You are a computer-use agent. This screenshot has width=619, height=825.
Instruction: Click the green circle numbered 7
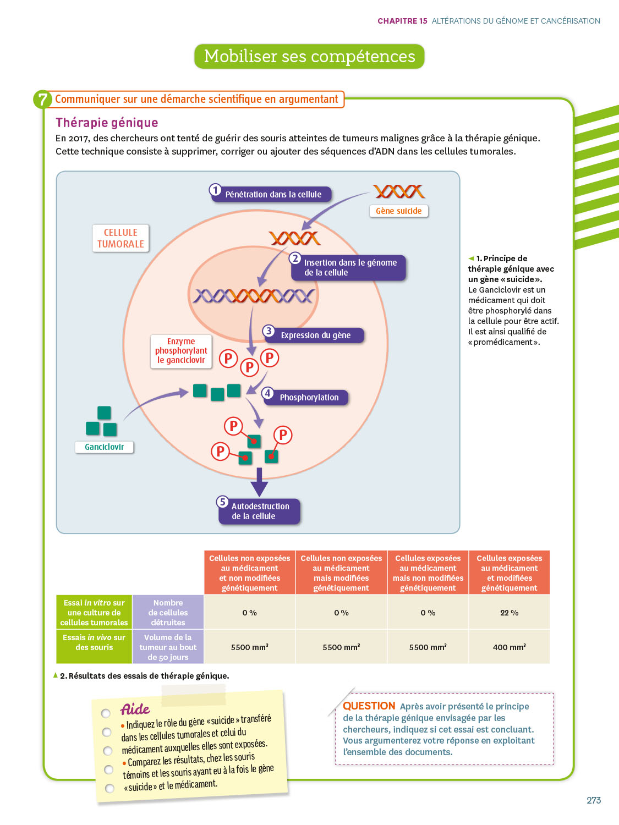coord(42,100)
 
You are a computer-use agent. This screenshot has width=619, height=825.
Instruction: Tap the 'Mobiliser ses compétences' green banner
coord(309,57)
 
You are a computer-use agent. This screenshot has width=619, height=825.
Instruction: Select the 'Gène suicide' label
coord(398,211)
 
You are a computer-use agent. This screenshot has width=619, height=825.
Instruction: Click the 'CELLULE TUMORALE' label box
coord(120,238)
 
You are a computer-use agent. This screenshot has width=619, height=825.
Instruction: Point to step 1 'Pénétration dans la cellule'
coord(272,194)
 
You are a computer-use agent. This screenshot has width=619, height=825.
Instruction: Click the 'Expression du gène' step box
coord(315,335)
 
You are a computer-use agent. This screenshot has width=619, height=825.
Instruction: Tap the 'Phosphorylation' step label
coord(309,398)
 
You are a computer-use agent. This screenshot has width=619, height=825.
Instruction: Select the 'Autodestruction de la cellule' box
coord(260,512)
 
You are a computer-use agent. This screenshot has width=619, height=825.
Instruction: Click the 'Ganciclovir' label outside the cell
coord(104,447)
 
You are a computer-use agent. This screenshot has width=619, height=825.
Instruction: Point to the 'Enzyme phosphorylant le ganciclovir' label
coord(181,351)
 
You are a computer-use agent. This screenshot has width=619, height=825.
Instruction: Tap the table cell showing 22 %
coord(509,613)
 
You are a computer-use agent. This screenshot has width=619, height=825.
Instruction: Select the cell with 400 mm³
coord(509,647)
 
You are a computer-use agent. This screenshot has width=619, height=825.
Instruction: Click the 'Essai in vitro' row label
coord(94,613)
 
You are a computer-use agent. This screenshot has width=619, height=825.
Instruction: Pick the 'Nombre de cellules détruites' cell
coord(168,613)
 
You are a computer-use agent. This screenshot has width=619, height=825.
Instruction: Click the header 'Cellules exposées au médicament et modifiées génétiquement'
coord(509,573)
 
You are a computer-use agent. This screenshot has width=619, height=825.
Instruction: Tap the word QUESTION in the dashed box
coord(369,706)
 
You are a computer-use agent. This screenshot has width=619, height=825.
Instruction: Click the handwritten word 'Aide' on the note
coord(135,709)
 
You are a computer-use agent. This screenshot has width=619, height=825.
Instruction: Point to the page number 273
coord(593,800)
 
